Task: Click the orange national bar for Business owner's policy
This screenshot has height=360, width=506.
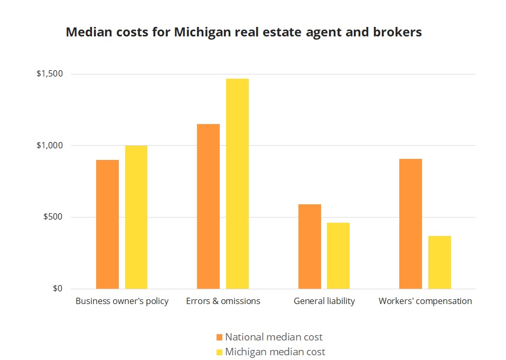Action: click(x=107, y=224)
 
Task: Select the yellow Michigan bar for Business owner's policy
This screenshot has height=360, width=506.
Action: click(x=136, y=217)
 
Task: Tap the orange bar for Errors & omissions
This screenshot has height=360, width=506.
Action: click(x=208, y=206)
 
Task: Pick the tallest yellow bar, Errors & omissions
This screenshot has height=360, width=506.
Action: click(x=237, y=184)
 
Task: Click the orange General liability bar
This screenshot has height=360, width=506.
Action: click(x=310, y=247)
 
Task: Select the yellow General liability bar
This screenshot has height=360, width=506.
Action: click(x=338, y=256)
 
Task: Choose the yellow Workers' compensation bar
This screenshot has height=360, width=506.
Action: click(x=439, y=262)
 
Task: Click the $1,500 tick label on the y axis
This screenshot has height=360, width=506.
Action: click(x=50, y=74)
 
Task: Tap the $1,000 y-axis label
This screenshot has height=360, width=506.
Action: click(x=50, y=145)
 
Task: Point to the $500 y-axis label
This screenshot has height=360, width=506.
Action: click(x=53, y=217)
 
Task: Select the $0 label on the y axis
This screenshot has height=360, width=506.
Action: click(x=57, y=289)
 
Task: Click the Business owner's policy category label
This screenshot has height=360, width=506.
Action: click(x=122, y=301)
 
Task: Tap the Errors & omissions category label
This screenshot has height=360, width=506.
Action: click(x=223, y=301)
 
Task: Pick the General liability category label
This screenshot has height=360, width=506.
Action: click(x=324, y=301)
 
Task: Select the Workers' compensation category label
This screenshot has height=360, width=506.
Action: click(x=425, y=301)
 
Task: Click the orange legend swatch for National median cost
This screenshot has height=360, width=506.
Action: click(x=220, y=337)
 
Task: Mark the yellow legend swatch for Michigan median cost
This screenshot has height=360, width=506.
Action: click(x=220, y=352)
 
